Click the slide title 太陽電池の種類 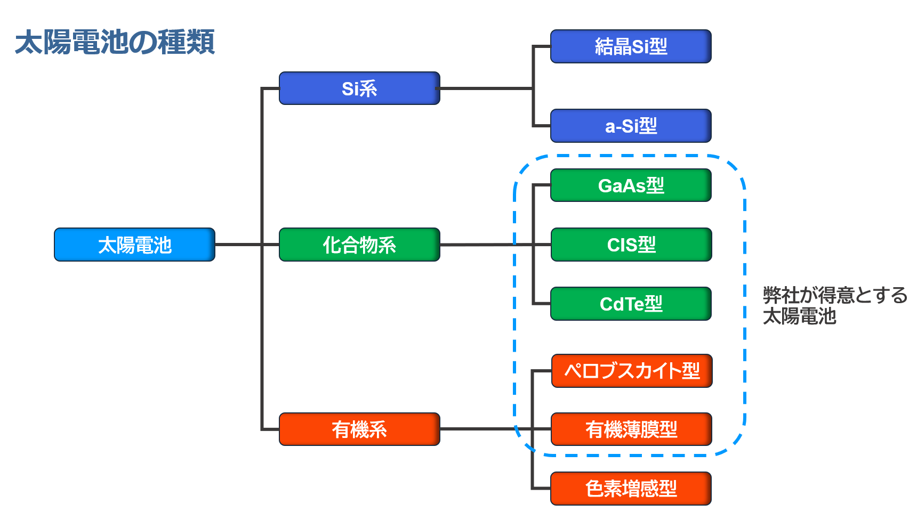(115, 42)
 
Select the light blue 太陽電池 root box (134, 245)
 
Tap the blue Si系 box (359, 88)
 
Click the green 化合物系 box (359, 245)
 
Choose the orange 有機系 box (359, 429)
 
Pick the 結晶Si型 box (631, 46)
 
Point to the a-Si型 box (631, 126)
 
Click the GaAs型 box (631, 185)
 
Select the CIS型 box (631, 245)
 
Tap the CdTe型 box (631, 304)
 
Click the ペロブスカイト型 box (632, 371)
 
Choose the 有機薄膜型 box (631, 429)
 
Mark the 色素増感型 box (631, 489)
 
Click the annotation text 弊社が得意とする (835, 295)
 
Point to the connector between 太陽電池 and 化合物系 (247, 245)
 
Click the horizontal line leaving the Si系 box (486, 88)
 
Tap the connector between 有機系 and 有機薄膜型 (495, 429)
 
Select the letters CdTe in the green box (622, 304)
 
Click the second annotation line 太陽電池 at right (799, 316)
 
